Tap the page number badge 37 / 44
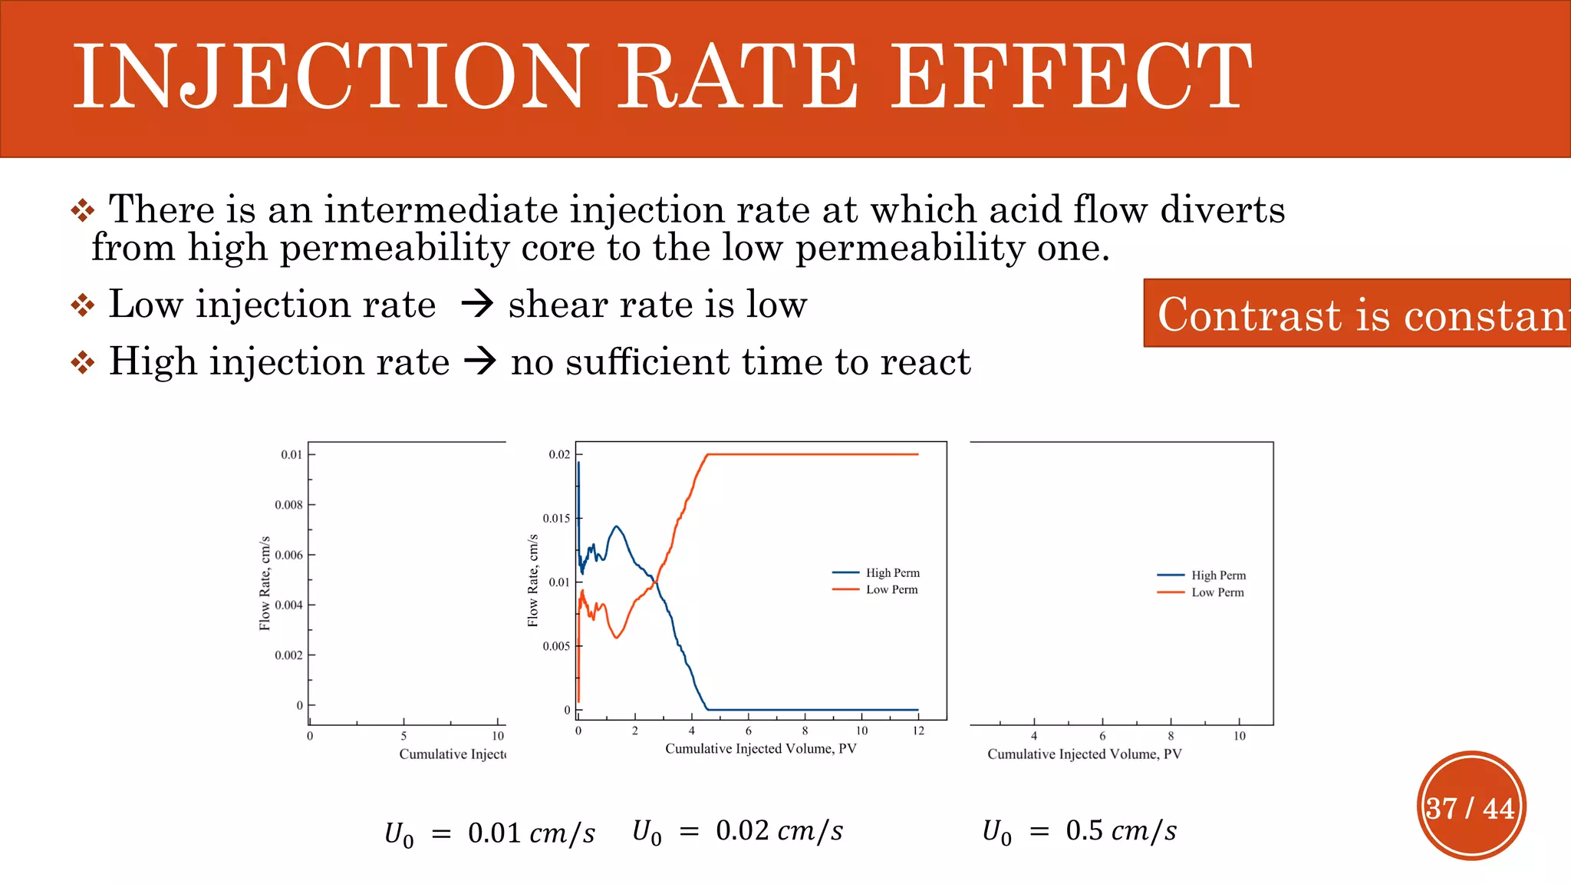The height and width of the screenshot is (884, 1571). [1471, 807]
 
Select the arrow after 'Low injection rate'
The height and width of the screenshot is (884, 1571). [477, 305]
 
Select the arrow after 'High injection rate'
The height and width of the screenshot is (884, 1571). [481, 361]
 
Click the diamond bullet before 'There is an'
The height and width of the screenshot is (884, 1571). [83, 210]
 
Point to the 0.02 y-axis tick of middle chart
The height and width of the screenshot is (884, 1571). [559, 454]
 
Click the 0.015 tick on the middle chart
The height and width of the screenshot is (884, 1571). [557, 518]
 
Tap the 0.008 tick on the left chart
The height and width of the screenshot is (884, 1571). [289, 505]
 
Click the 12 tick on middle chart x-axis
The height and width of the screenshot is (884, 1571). [918, 731]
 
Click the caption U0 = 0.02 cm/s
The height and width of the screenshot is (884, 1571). [737, 831]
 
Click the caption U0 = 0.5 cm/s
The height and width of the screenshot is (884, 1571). [1079, 831]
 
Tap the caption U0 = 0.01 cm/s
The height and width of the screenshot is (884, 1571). [489, 834]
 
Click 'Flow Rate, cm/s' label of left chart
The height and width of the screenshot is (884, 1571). [265, 583]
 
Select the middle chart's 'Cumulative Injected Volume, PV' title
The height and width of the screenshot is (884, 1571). [760, 748]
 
